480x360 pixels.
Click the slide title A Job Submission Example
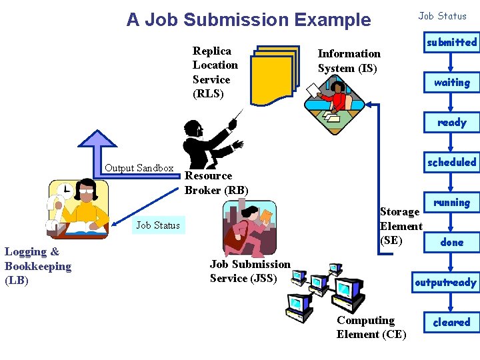(x=248, y=20)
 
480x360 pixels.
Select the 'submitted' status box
(x=451, y=43)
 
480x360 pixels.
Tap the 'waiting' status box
(x=451, y=83)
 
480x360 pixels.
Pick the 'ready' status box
(x=451, y=123)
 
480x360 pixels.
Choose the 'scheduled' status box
(x=451, y=163)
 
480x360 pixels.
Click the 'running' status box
(x=451, y=203)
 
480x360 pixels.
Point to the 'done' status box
(x=451, y=243)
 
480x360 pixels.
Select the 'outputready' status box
(x=445, y=283)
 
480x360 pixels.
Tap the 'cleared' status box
(x=451, y=323)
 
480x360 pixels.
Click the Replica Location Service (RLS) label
(x=215, y=72)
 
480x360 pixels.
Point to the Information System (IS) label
(x=349, y=61)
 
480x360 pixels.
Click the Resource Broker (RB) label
(x=216, y=183)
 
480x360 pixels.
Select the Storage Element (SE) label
(x=401, y=226)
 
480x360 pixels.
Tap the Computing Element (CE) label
(x=371, y=327)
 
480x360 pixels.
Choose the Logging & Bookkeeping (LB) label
(x=38, y=266)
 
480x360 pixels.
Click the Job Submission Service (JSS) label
(x=250, y=271)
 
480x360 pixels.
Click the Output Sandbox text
(x=139, y=168)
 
